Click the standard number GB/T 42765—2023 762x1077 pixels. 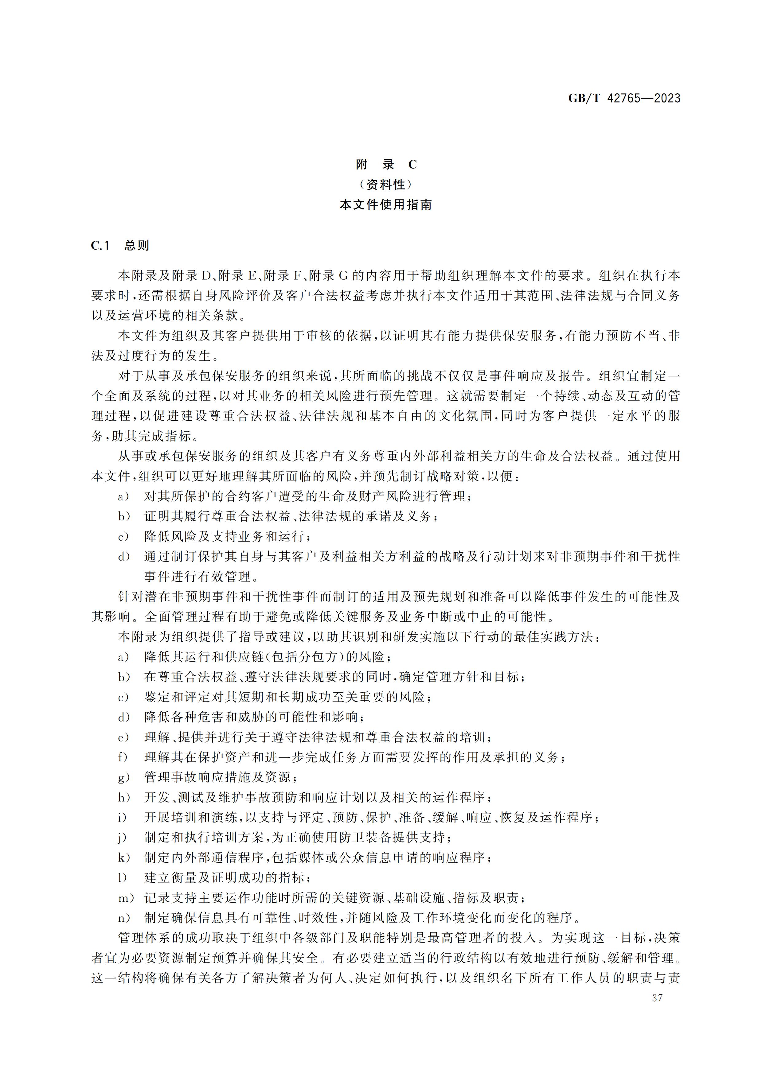coord(624,98)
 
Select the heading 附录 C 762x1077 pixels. coord(386,165)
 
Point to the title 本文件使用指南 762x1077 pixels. coord(386,205)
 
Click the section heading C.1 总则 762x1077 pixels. coord(120,245)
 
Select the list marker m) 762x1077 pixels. coord(126,898)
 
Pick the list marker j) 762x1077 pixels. coord(123,837)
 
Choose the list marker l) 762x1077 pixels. coord(123,878)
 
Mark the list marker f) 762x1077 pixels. coord(123,757)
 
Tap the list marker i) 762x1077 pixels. coord(123,818)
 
